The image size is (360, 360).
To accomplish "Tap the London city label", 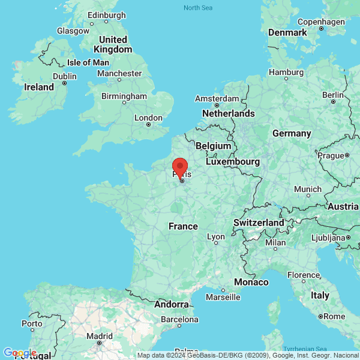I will coord(149,118).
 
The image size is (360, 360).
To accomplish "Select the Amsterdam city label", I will coord(217,98).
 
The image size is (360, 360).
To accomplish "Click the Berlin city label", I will coord(332,94).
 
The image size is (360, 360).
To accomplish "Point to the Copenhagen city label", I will coord(321,22).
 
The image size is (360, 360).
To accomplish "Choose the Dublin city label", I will coord(64,76).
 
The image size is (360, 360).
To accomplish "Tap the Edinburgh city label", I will coord(107,15).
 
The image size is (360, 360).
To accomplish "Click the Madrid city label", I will coord(99,335).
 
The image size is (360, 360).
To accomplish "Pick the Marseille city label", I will coord(223,297).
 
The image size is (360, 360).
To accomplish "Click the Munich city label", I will coord(308,189).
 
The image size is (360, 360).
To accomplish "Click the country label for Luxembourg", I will coord(233,161).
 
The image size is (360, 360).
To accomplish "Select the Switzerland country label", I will coord(259,223).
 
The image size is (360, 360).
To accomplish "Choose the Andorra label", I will coord(172,304).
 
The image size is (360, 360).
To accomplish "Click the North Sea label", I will coord(198,7).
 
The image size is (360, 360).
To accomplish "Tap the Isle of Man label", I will coord(88,62).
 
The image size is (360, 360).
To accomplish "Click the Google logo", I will coord(20,352).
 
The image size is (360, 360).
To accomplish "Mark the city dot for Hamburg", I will coord(286,78).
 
